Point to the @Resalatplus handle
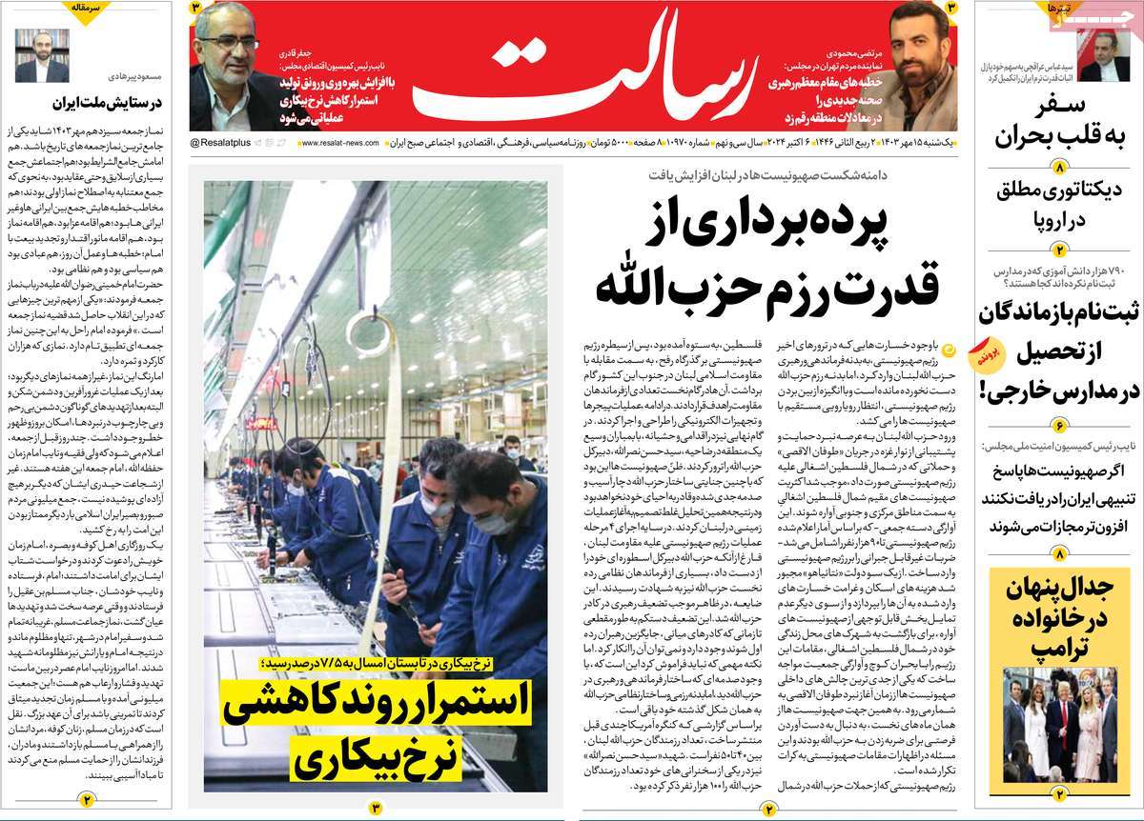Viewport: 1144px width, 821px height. point(222,142)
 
